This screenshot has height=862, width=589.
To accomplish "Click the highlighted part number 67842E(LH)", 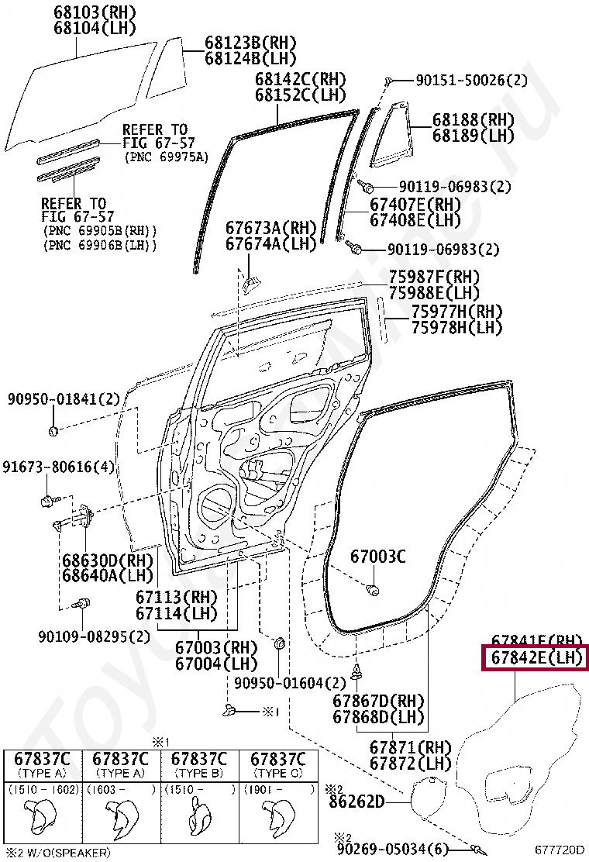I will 536,658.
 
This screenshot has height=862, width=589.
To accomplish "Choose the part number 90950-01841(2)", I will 64,399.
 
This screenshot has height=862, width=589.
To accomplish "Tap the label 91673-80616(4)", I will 58,467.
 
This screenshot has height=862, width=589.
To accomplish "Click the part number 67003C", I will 377,556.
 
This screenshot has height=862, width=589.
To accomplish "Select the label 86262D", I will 356,801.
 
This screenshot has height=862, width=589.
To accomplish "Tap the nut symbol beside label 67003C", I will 373,591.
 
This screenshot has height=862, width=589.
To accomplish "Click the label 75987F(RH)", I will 434,277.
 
